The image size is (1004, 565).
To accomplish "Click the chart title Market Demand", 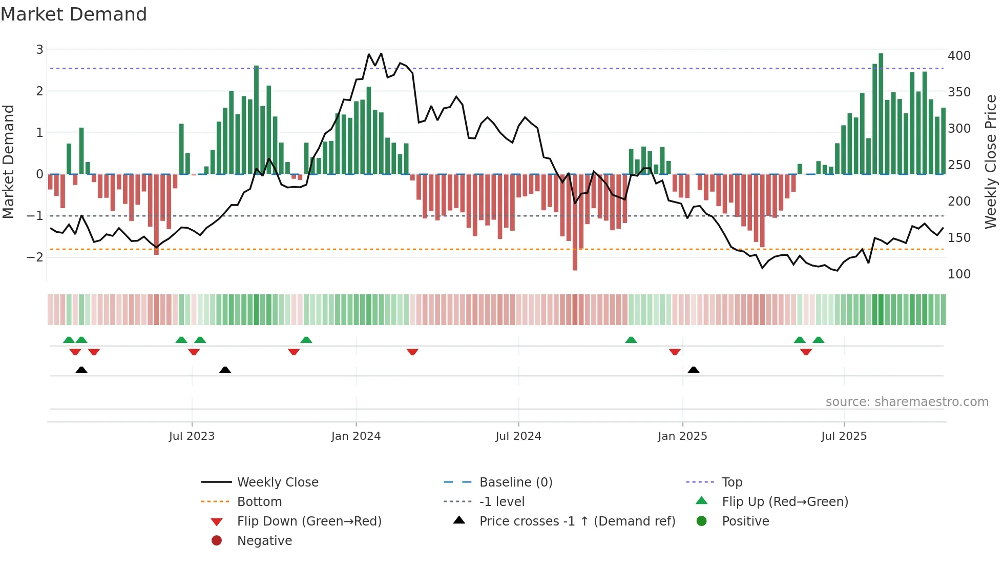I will (74, 14).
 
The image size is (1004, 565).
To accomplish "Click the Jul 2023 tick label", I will (192, 436).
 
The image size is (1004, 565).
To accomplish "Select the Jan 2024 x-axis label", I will (356, 436).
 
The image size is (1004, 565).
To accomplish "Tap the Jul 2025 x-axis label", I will (844, 436).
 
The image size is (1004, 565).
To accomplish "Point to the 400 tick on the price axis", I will (959, 56).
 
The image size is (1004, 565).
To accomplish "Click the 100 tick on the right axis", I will (959, 274).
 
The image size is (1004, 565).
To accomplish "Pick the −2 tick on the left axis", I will (35, 257).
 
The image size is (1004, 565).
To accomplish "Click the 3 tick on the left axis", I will (39, 50).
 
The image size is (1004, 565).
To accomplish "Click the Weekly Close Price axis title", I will (991, 162).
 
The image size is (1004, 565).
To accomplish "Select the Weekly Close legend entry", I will (277, 482).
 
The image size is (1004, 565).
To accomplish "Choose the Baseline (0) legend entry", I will (515, 482).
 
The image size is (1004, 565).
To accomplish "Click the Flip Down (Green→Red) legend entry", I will (309, 521).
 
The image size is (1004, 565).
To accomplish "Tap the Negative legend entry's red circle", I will (217, 541).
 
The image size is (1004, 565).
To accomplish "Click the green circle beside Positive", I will (702, 521).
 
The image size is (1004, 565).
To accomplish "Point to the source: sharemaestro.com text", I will (907, 402).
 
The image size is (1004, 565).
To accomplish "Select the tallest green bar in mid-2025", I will (881, 113).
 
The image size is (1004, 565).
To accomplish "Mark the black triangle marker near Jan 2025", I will (694, 370).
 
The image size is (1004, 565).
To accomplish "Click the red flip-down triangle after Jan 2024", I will (412, 352).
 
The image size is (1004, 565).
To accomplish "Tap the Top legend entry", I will (731, 482).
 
